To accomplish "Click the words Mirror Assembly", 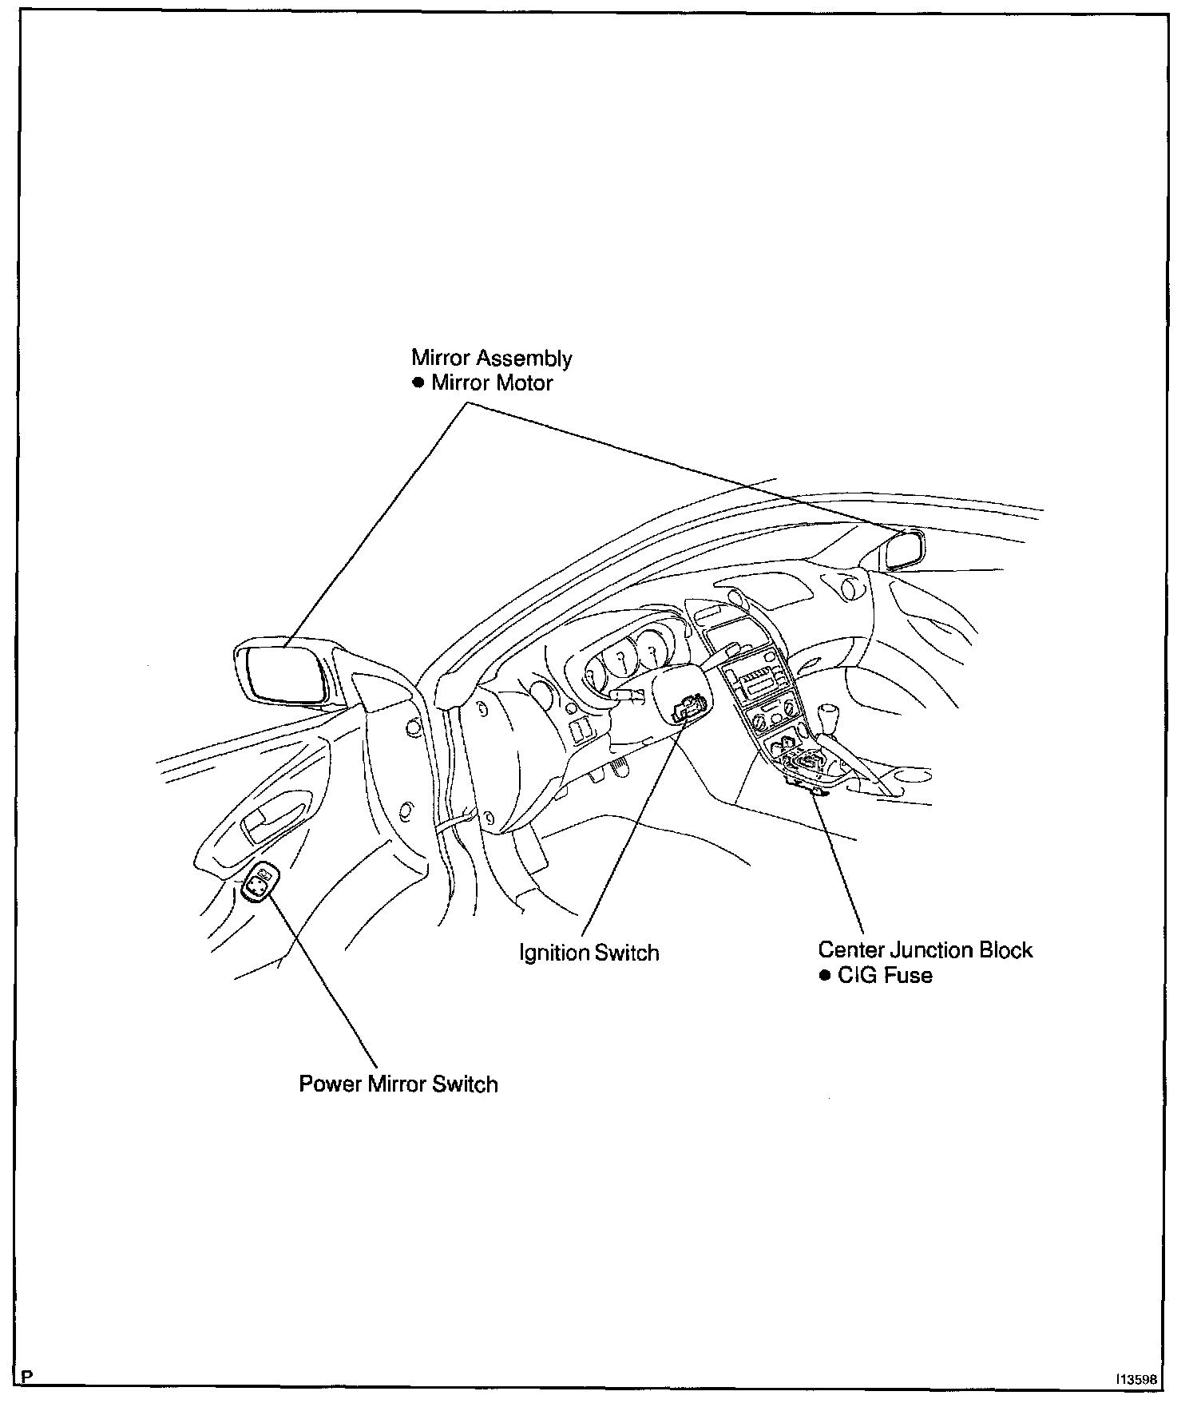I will coord(491,358).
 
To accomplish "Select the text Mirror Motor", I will coord(492,383).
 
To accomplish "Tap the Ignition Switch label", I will coord(589,953).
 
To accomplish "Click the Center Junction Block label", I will coord(925,950).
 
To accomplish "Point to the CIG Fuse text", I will coord(885,975).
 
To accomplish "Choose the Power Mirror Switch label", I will coord(398,1084).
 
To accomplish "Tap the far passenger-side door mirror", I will coord(906,550).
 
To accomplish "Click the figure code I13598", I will coord(1137,1380).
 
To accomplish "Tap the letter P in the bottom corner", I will coord(28,1377).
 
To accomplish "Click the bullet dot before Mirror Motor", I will coord(418,383).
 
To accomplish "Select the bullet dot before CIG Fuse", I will coord(825,976).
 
